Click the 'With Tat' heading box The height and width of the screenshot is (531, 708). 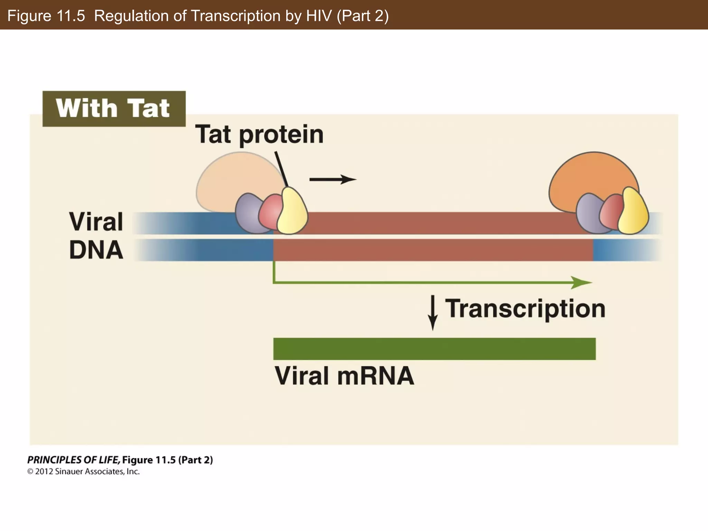114,109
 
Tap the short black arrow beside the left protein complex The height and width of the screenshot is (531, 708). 332,179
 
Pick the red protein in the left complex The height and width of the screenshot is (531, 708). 271,211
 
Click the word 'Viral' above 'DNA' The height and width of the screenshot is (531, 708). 96,222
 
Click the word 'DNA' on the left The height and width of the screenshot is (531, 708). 96,250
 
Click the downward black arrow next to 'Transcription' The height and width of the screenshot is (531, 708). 432,313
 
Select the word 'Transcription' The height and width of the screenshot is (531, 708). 525,308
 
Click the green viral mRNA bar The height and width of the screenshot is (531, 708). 434,349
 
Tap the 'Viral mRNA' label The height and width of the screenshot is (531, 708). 344,376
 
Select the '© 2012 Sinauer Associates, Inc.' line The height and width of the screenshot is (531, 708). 83,472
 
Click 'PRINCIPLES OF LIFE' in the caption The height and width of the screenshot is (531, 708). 73,460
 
